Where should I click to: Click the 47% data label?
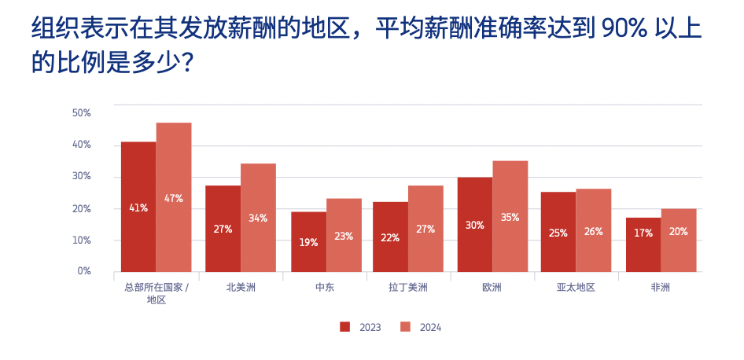(x=173, y=199)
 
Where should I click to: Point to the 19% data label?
(x=308, y=243)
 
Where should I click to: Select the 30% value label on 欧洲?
(x=475, y=226)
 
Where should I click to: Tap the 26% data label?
(x=594, y=232)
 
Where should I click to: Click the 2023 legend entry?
(x=362, y=327)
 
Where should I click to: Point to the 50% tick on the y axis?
(x=82, y=113)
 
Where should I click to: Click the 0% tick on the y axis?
(x=84, y=271)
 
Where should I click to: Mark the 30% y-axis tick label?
(x=82, y=176)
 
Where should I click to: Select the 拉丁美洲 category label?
(x=408, y=288)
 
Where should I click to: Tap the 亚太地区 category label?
(x=576, y=288)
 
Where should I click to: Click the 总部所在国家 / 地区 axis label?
(x=156, y=294)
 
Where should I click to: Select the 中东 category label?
(x=324, y=288)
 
